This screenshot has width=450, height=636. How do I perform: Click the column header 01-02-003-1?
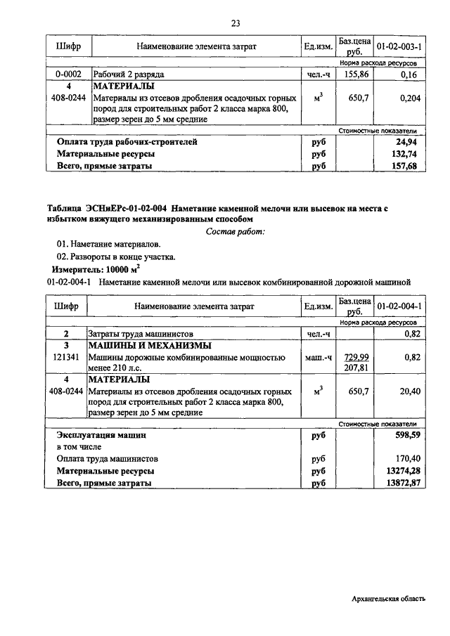click(399, 46)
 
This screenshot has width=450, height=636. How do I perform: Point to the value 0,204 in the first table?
click(409, 98)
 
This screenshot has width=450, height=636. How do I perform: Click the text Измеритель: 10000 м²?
click(96, 269)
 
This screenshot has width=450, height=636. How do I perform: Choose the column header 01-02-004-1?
click(399, 306)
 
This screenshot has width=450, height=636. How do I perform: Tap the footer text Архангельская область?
click(389, 599)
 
